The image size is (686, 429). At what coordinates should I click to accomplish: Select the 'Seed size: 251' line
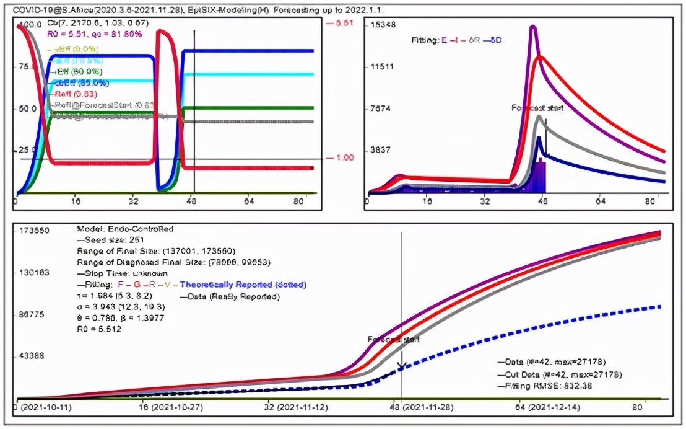(112, 240)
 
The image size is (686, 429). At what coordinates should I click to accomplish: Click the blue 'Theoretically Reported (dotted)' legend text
(243, 285)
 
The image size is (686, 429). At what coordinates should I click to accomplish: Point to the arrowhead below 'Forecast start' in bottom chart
(401, 366)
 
